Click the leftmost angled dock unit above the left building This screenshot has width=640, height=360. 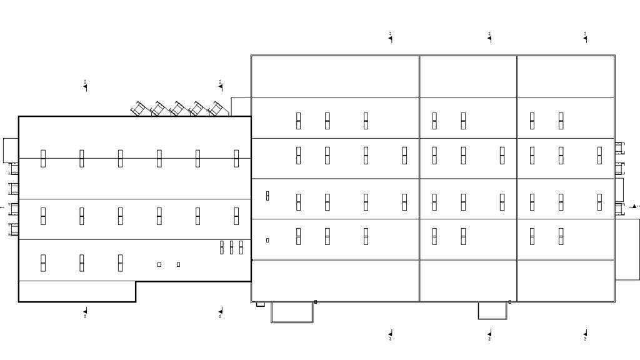tap(138, 109)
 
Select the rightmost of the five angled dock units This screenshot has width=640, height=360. tap(216, 109)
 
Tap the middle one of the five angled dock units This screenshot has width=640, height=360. tap(177, 109)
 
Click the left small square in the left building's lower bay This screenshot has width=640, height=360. tap(159, 264)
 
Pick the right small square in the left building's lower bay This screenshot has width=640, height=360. tap(178, 264)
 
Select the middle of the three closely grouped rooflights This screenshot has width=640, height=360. tap(231, 247)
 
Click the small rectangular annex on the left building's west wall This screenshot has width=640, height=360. tap(11, 151)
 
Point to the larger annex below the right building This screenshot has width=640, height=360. tap(292, 312)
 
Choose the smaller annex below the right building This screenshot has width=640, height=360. tap(492, 310)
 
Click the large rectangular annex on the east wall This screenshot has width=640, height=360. tap(627, 249)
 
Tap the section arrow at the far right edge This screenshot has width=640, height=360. tap(634, 206)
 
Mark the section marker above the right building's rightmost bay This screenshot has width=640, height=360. tap(585, 37)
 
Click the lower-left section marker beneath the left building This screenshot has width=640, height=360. tap(85, 312)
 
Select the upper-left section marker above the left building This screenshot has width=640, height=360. tap(85, 85)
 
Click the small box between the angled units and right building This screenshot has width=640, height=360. tap(241, 106)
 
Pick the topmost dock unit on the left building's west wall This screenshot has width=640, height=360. tap(13, 169)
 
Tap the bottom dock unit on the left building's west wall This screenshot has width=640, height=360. tap(13, 229)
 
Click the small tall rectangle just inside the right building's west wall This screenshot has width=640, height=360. tap(267, 196)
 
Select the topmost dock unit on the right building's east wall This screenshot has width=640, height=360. tap(619, 148)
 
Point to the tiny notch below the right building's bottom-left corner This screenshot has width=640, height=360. tap(261, 304)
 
